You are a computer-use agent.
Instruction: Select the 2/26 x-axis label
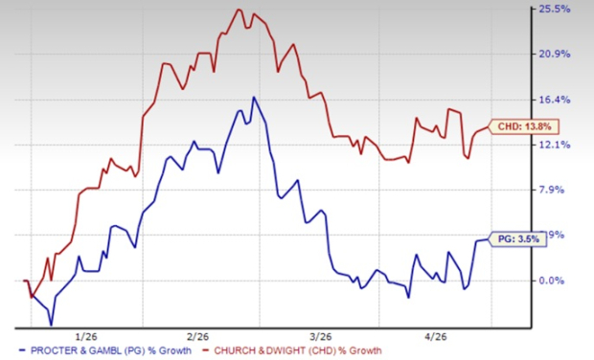click(199, 336)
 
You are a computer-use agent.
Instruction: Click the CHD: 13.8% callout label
click(522, 126)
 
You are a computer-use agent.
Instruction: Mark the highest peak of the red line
click(238, 10)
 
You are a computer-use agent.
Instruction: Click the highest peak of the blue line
click(254, 97)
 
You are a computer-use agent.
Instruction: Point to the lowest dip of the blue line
click(51, 325)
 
